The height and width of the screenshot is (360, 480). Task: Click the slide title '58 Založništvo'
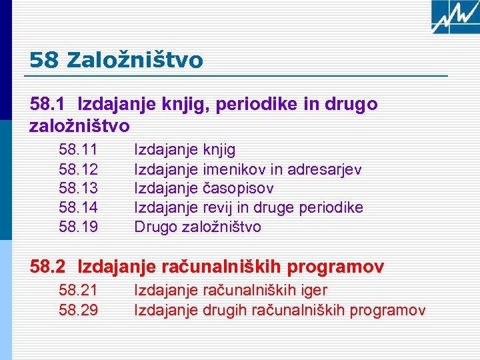click(117, 61)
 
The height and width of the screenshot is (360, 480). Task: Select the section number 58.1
click(47, 105)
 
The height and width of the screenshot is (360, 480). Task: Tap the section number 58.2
click(47, 267)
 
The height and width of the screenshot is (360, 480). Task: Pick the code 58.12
click(79, 170)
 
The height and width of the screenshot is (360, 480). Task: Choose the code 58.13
click(79, 189)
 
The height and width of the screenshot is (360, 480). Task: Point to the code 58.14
click(79, 208)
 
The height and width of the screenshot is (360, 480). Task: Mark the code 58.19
click(79, 227)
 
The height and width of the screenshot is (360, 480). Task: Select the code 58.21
click(79, 291)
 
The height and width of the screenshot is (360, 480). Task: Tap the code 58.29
click(79, 310)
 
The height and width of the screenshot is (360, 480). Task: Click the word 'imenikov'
click(233, 170)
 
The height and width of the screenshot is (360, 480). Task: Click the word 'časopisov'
click(238, 189)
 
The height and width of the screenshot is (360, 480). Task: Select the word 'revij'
click(216, 208)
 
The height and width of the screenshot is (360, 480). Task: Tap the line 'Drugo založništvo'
click(198, 227)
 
